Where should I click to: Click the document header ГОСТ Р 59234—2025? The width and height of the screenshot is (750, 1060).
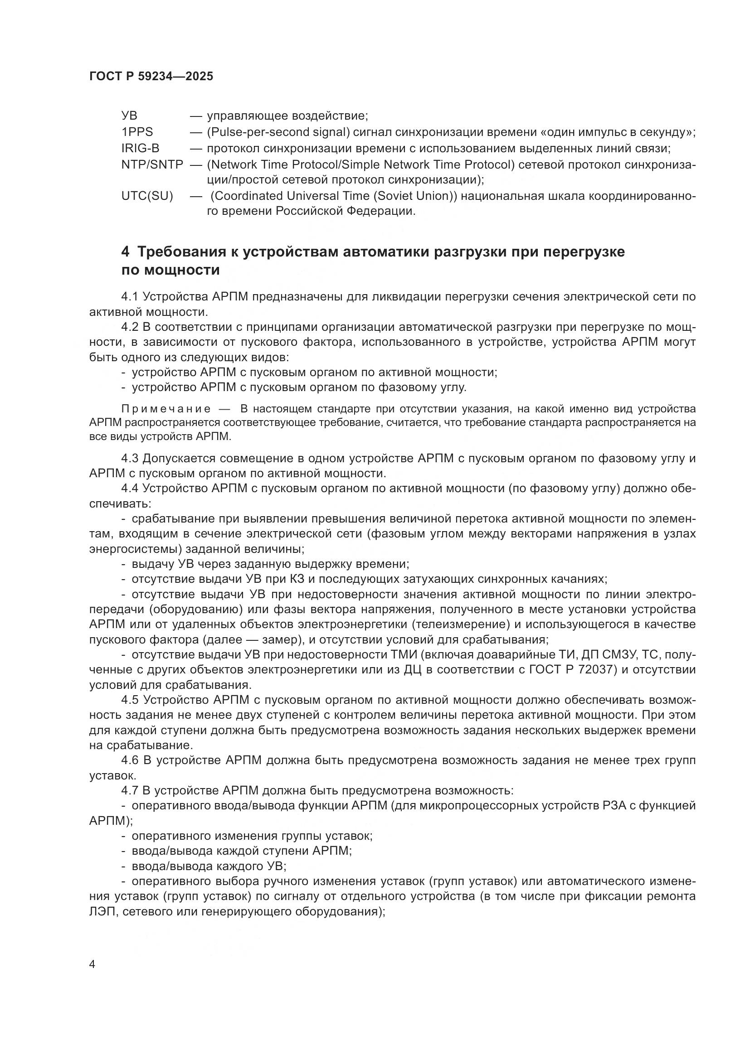click(x=151, y=77)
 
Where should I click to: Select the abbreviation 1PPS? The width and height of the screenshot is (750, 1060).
click(x=136, y=132)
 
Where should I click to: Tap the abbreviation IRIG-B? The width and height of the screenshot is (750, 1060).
click(x=140, y=148)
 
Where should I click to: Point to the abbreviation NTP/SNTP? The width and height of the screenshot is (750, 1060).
click(x=152, y=165)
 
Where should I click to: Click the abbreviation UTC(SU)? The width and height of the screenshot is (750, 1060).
click(x=147, y=196)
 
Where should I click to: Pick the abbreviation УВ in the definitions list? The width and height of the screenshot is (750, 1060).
click(x=129, y=116)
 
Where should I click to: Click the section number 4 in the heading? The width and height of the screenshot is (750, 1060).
click(x=125, y=252)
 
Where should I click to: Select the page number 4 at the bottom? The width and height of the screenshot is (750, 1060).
click(x=92, y=964)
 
